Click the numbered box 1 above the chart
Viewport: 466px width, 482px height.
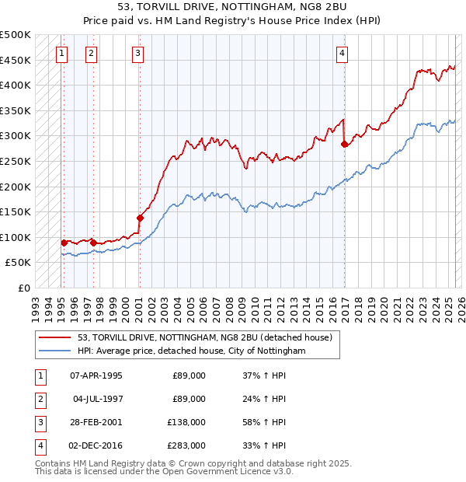tap(61, 54)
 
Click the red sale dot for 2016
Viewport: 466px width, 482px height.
tap(344, 144)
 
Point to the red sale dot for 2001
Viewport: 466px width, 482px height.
tap(141, 218)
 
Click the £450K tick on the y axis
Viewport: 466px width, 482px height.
tap(16, 60)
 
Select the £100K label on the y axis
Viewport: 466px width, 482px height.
tap(16, 237)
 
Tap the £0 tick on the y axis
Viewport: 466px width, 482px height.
tap(24, 288)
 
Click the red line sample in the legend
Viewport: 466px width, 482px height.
tap(54, 337)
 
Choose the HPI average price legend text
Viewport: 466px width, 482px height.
tap(192, 351)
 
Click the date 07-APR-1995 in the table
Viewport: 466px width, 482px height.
tap(96, 375)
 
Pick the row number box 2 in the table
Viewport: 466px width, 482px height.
tap(39, 399)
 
